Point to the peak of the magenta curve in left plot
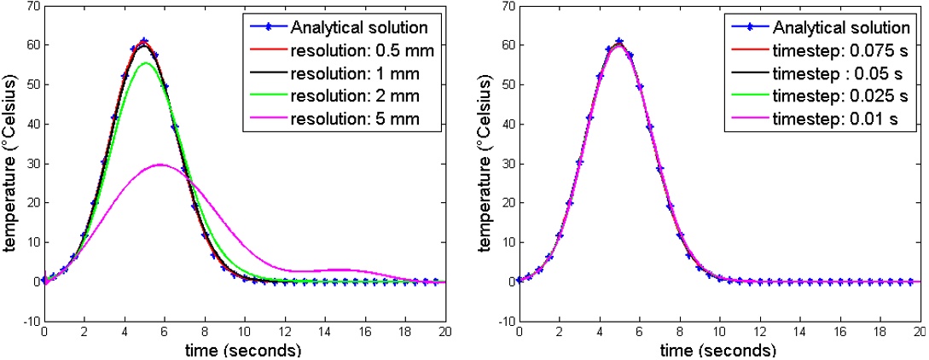point(160,165)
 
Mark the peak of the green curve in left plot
point(147,63)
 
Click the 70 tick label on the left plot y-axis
point(31,7)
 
